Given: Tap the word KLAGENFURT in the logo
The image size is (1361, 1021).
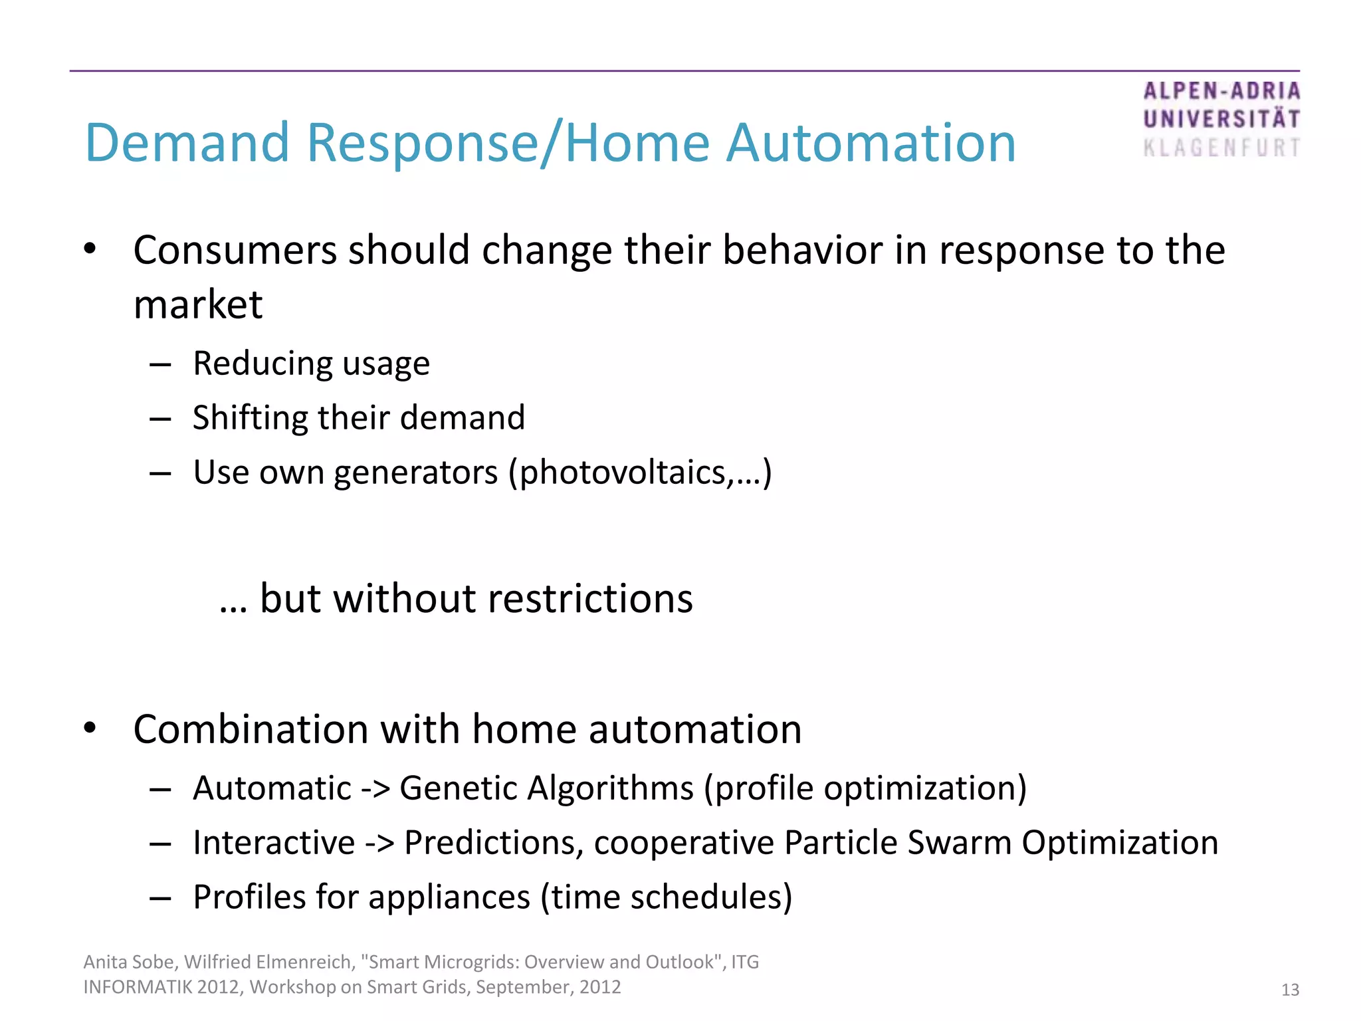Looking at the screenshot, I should coord(1221,148).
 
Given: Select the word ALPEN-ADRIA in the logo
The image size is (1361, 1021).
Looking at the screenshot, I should coord(1221,91).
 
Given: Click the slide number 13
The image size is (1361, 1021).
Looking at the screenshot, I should coord(1289,990).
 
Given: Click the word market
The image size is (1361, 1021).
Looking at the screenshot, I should coord(198,305).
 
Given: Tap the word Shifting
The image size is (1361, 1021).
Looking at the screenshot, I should coord(250,418).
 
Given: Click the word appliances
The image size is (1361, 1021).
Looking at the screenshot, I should coord(449,897).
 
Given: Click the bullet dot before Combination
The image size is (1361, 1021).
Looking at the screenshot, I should coord(90,729).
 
